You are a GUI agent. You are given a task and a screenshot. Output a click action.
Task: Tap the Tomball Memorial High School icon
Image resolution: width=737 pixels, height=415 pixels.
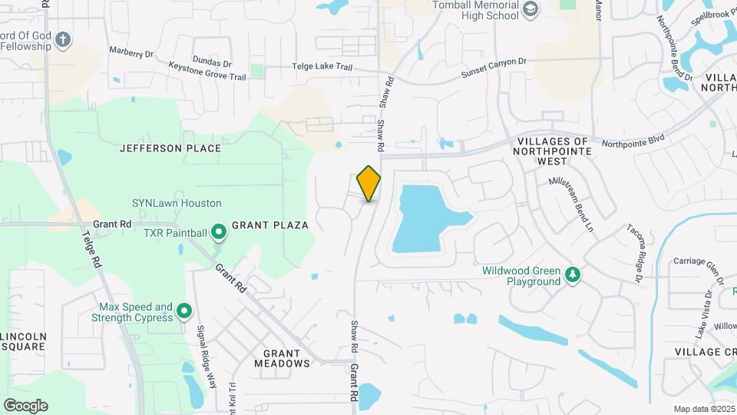tap(530, 8)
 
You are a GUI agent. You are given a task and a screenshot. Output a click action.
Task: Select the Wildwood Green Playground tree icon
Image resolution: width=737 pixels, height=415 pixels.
tap(572, 274)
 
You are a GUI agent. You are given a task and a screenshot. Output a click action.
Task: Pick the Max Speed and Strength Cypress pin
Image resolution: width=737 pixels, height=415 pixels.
tap(184, 311)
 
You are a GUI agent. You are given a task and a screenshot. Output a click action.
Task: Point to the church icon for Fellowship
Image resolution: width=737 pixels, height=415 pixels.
tap(63, 39)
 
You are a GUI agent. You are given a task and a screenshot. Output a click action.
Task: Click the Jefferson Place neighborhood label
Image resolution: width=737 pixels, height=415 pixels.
tap(170, 148)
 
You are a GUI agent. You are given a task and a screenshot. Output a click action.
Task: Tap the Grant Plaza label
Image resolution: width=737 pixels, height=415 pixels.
tap(269, 225)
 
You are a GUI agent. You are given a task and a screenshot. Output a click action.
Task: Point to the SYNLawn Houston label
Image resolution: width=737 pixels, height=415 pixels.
tap(177, 204)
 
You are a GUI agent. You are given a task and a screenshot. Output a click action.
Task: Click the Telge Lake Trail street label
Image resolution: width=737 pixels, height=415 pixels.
tap(322, 67)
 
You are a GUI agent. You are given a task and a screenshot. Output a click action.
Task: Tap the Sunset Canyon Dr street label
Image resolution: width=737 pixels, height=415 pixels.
tap(494, 67)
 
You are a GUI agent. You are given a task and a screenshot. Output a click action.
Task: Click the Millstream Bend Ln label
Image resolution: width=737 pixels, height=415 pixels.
tap(571, 206)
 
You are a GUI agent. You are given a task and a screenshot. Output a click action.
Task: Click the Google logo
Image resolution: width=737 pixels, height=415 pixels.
tap(25, 405)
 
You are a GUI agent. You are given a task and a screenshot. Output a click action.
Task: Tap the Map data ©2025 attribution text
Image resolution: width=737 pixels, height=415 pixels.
tap(703, 409)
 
